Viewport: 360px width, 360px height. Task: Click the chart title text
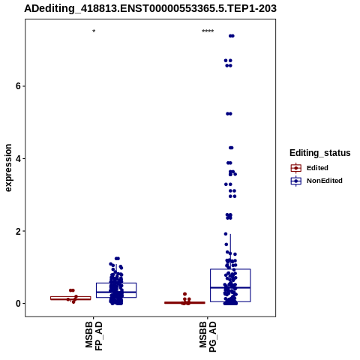pyautogui.click(x=150, y=9)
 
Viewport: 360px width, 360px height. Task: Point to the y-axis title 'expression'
pyautogui.click(x=8, y=168)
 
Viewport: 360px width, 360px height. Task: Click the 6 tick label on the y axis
pyautogui.click(x=17, y=86)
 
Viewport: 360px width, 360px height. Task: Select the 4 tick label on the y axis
pyautogui.click(x=17, y=158)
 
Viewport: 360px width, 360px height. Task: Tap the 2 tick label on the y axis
pyautogui.click(x=17, y=231)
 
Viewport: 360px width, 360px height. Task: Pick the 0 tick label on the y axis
pyautogui.click(x=17, y=304)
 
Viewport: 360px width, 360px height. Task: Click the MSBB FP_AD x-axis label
pyautogui.click(x=94, y=336)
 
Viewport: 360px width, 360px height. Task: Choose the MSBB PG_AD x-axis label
pyautogui.click(x=208, y=337)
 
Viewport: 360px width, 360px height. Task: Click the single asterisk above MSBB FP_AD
pyautogui.click(x=94, y=31)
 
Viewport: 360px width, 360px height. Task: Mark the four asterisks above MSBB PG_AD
pyautogui.click(x=208, y=31)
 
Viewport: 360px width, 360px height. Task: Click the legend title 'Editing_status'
pyautogui.click(x=320, y=153)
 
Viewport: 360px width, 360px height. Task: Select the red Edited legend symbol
pyautogui.click(x=296, y=168)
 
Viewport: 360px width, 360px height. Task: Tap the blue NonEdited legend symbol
pyautogui.click(x=296, y=181)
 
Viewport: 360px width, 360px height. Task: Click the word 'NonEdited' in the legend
pyautogui.click(x=325, y=181)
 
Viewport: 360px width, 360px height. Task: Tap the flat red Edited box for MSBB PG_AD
pyautogui.click(x=184, y=303)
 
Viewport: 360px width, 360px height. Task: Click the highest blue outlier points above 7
pyautogui.click(x=232, y=36)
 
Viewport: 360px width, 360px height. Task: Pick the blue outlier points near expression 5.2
pyautogui.click(x=229, y=114)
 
